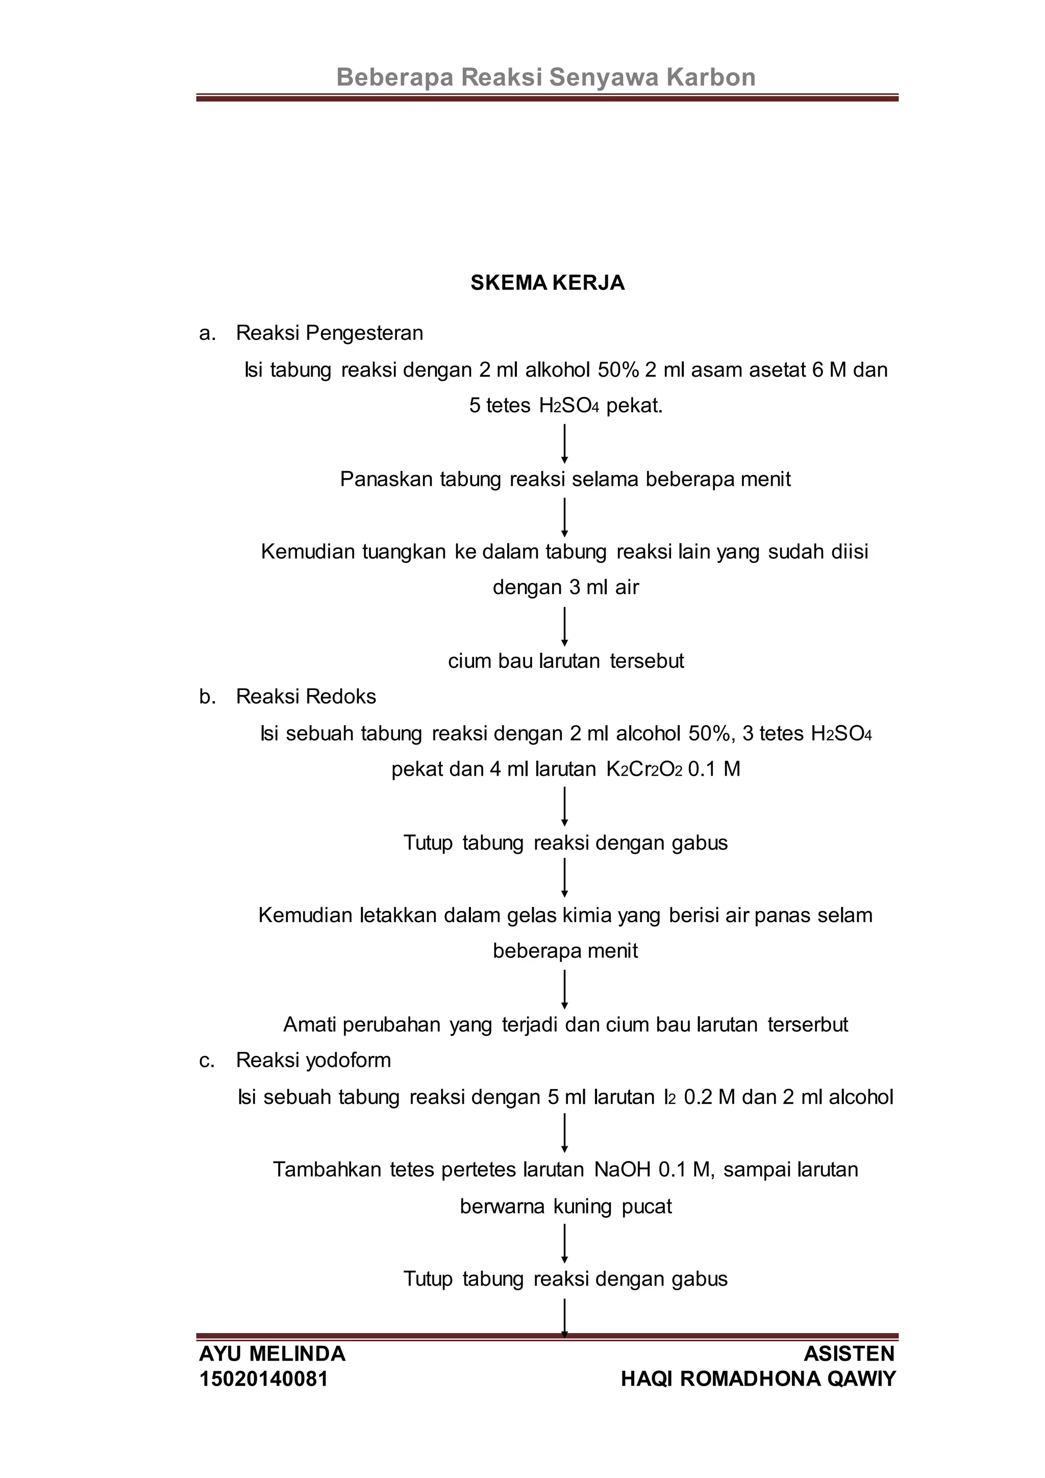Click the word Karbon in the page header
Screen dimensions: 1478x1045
[710, 77]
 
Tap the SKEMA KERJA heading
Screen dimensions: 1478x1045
[547, 283]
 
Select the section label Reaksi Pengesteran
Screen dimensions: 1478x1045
[330, 333]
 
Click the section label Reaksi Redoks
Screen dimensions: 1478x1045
[306, 697]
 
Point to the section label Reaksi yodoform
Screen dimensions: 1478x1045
[313, 1060]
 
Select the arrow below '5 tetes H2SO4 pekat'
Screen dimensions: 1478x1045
[564, 443]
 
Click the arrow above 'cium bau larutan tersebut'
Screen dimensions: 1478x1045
[564, 626]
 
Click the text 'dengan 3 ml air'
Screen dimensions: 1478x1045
[565, 587]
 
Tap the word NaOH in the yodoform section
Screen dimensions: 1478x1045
[622, 1169]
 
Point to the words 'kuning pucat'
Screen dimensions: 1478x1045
[612, 1205]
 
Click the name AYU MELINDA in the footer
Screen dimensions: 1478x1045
[272, 1354]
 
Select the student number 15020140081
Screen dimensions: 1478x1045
[264, 1379]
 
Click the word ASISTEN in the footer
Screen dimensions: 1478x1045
[849, 1354]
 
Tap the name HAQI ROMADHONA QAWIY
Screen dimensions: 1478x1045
[758, 1379]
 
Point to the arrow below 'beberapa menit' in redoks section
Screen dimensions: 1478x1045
[564, 989]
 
